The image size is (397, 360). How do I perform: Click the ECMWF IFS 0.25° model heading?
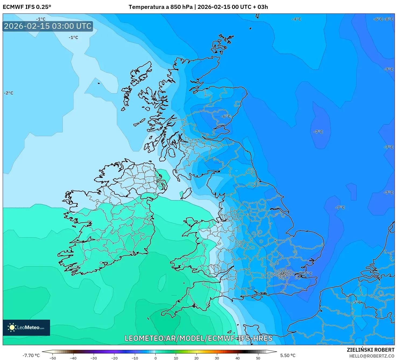click(27, 7)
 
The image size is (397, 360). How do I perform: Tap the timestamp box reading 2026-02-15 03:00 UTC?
click(48, 26)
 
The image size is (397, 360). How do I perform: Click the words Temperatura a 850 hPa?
click(160, 7)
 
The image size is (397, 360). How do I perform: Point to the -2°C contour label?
click(9, 93)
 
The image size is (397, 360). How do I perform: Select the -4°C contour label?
click(296, 19)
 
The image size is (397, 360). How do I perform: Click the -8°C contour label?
click(389, 19)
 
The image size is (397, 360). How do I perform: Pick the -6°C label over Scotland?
click(226, 116)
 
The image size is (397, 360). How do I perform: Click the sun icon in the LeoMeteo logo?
click(12, 327)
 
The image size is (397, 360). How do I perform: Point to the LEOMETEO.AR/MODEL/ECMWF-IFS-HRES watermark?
click(199, 338)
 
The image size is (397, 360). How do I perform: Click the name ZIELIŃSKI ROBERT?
click(370, 350)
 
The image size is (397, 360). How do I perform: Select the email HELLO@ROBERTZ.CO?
click(372, 356)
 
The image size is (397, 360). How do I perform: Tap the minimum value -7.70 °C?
click(31, 355)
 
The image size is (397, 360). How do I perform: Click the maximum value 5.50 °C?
click(288, 355)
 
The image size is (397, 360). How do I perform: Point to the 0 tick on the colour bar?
click(156, 358)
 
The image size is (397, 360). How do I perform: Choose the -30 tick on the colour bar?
click(93, 358)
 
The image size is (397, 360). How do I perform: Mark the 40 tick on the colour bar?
click(237, 358)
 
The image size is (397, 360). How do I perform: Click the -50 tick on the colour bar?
click(53, 358)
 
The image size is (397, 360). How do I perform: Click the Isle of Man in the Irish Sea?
click(186, 193)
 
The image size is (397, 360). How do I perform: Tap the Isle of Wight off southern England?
click(251, 296)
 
